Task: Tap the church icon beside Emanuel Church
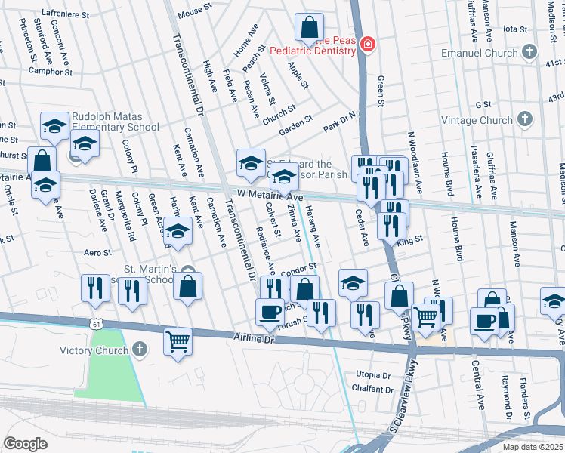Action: [529, 52]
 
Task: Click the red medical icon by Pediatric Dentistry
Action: [367, 45]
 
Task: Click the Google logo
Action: [25, 443]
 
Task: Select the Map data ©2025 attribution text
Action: [532, 447]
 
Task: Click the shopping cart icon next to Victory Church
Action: [178, 341]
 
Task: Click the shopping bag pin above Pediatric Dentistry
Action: [310, 29]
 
